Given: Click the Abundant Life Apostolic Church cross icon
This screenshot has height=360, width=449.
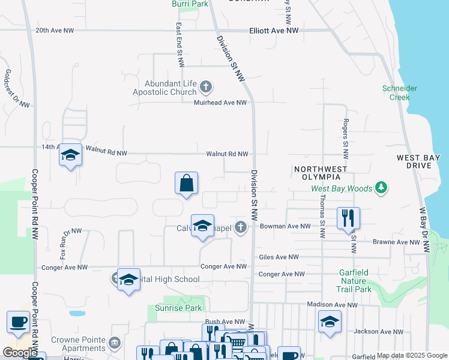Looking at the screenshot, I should pos(205,87).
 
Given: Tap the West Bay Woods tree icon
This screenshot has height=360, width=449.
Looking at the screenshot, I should pos(381,188).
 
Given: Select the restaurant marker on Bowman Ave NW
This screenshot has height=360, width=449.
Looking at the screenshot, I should pos(348,219).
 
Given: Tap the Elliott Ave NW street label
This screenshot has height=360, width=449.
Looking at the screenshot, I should pos(274,31).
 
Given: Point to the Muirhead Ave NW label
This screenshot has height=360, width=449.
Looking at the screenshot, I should pos(220,103).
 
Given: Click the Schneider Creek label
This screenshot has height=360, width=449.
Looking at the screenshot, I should pos(399,92).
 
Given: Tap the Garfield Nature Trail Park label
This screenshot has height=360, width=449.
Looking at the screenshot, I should pos(355,280).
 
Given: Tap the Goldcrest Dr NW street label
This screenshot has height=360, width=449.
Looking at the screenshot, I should pos(17,89).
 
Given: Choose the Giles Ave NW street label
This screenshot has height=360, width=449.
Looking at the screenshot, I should pos(279,257).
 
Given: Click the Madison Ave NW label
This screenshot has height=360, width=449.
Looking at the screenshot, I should pos(332,305).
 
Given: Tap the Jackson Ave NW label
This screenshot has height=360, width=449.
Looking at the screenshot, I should pos(375,331).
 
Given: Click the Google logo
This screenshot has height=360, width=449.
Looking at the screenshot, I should pos(20,353).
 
